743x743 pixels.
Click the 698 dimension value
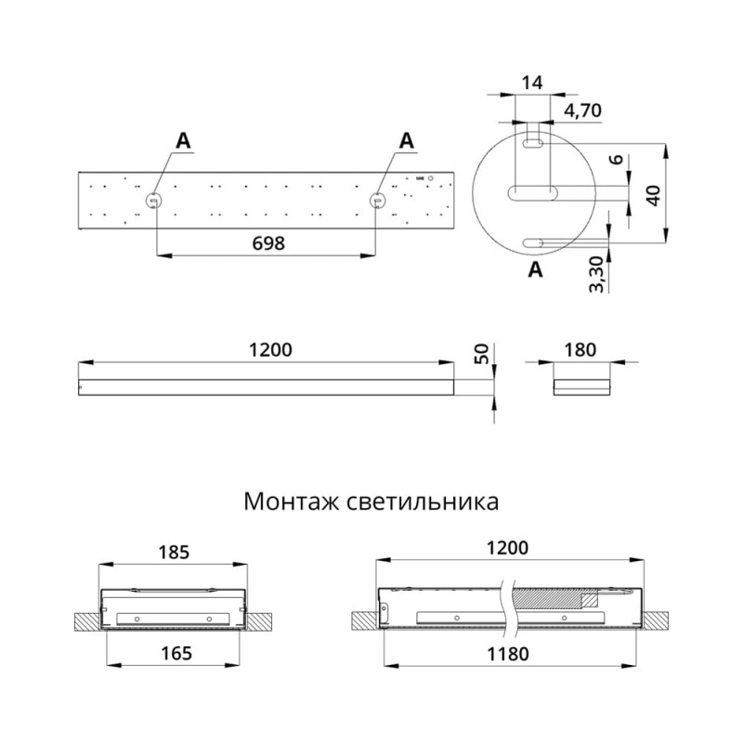point(268,243)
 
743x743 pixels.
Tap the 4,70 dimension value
point(582,111)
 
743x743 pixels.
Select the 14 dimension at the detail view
point(531,83)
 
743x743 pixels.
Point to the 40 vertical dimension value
point(654,195)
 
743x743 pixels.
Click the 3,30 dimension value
point(596,274)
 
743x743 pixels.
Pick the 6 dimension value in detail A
point(616,159)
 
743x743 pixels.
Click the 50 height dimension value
point(480,354)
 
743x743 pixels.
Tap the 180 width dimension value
point(580,350)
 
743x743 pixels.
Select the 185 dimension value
point(174,552)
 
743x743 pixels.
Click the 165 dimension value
point(176,654)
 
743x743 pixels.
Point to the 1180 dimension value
point(508,654)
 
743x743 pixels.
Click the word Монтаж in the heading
point(292,502)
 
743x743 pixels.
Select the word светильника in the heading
point(423,502)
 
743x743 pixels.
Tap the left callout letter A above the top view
point(183,141)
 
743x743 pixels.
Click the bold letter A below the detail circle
point(535,269)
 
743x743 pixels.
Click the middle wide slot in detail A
point(532,193)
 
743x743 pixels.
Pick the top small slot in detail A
point(532,144)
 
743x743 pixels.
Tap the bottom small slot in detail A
point(532,243)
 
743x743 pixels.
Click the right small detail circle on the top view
point(378,201)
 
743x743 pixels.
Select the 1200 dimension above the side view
point(270,350)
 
